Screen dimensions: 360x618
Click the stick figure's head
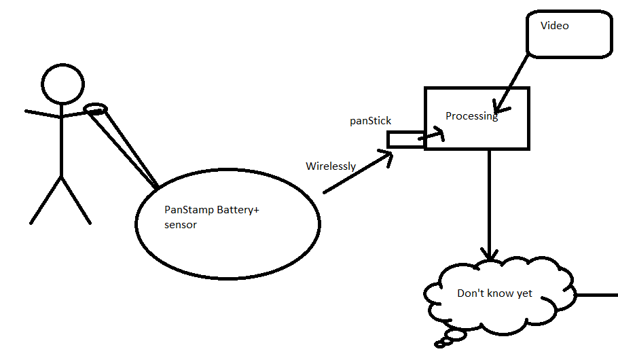[62, 83]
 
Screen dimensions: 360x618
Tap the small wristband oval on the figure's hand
[95, 109]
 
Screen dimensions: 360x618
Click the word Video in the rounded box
[554, 26]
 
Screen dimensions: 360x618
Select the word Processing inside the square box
[471, 116]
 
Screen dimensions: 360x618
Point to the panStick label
[370, 121]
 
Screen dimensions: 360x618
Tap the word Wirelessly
[331, 166]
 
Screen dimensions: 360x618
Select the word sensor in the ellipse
[181, 225]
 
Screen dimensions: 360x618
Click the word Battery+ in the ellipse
[238, 210]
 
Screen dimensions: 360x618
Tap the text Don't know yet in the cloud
[494, 294]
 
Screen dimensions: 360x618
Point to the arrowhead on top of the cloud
[488, 254]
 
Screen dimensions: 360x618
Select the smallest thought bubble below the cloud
[439, 344]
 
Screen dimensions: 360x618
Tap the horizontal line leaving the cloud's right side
[596, 296]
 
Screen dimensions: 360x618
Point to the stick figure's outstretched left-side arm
[42, 113]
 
